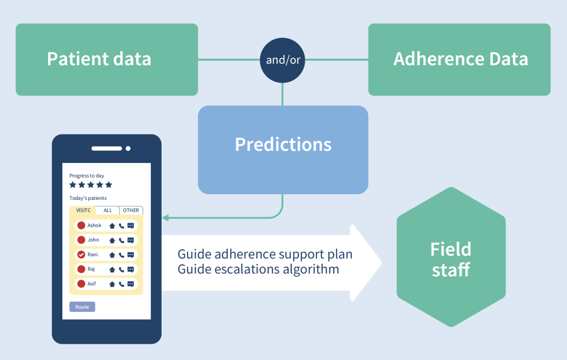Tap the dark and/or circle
coord(283,60)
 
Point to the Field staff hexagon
coord(451,257)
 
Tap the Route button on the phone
coord(82,307)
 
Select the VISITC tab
coord(82,210)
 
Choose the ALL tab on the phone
coord(108,210)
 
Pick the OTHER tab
coord(131,210)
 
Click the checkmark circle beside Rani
coord(81,255)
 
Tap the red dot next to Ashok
coord(81,225)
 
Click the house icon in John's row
coord(112,240)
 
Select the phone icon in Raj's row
coord(121,270)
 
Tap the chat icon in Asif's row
coord(131,284)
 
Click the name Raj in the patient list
coord(91,269)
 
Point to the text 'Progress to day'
coord(87,176)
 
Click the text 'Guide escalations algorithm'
coord(258,269)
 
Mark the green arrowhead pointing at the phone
coord(165,218)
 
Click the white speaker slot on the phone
coord(107,148)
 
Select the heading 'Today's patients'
coord(88,198)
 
